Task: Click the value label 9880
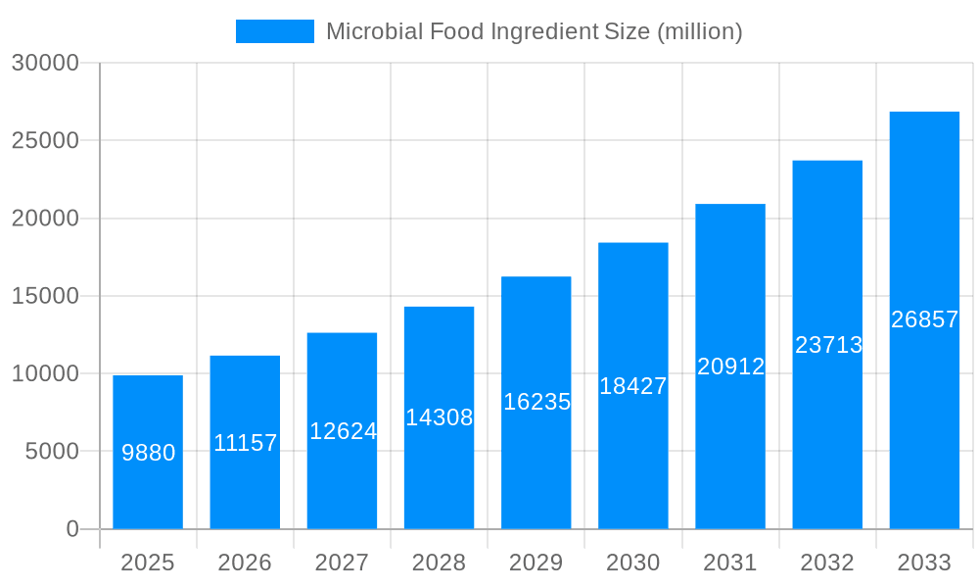149,453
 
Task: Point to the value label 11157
246,443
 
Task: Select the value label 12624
343,431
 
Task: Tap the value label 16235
536,402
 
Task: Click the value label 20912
730,367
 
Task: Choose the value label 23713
828,345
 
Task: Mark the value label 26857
924,319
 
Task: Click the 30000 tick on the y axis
44,63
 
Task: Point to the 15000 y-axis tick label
44,296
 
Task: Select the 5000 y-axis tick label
50,452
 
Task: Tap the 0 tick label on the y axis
72,529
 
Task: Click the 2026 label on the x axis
245,563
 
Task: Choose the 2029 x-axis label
536,563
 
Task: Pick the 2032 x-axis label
827,563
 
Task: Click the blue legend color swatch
275,31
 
